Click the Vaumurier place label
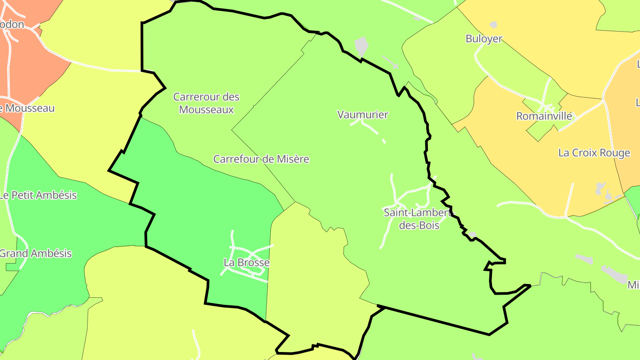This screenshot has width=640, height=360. coord(363,115)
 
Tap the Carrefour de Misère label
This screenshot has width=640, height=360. coord(261,159)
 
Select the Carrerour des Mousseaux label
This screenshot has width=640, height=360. coord(206,103)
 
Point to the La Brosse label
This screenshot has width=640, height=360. coord(247,263)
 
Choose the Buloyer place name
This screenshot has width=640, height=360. coord(484,39)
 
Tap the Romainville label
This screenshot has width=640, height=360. coord(544,116)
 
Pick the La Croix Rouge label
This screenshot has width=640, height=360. coord(594,153)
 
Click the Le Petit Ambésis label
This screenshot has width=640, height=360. coord(38,195)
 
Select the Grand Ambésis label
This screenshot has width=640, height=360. coord(36,254)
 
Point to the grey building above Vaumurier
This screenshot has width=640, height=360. coord(362,45)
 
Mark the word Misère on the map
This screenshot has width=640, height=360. coord(292,159)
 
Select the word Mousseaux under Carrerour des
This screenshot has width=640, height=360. coord(206,109)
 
